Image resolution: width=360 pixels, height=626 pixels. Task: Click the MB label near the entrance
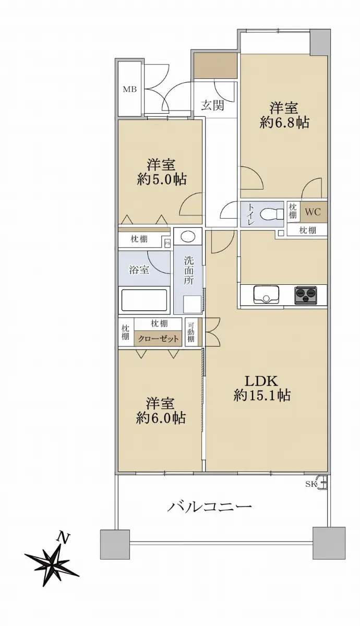pos(130,89)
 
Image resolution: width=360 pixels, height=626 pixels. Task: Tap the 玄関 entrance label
pos(213,105)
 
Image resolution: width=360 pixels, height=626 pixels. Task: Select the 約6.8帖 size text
pos(284,123)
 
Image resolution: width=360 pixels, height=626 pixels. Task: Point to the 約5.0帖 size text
pos(162,179)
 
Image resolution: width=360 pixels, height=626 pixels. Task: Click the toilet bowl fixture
pos(272,214)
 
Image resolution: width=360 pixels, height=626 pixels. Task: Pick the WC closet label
pos(313,212)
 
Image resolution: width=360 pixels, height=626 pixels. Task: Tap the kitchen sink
pos(266,295)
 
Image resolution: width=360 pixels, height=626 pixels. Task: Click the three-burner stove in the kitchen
pos(305,295)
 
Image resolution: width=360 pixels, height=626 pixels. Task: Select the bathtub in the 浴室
pos(144,300)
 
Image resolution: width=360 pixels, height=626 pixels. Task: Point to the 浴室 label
pos(139,270)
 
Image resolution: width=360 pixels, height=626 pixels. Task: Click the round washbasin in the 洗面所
pos(188,237)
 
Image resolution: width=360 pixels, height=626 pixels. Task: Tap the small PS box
pos(167,243)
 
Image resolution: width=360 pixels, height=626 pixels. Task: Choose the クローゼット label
pos(158,339)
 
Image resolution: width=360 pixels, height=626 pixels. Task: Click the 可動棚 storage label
pos(191,332)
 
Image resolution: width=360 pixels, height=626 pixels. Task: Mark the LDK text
pos(261,381)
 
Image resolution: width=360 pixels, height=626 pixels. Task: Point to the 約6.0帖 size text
pos(161,418)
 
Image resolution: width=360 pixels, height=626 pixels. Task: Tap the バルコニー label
pos(210,507)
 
